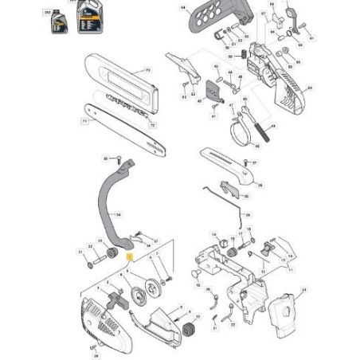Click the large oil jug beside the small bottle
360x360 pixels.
tap(86, 18)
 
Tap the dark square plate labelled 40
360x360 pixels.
tap(210, 90)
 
